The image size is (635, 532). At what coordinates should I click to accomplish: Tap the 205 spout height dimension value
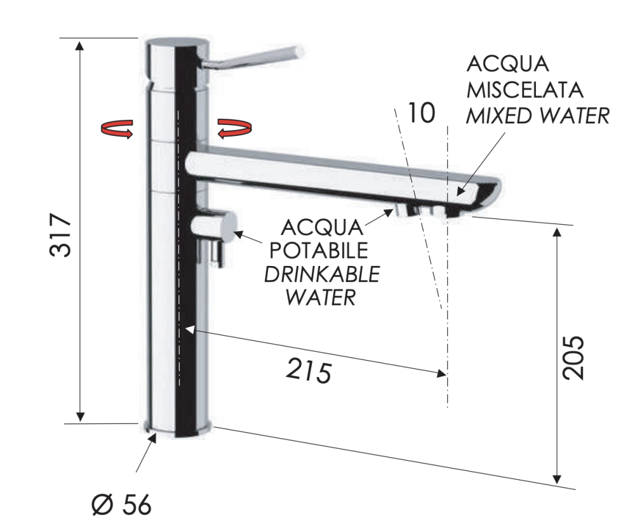pos(574,358)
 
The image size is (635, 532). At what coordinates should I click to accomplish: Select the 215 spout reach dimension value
pos(309,371)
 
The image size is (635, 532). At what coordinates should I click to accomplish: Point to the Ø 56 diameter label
pos(121,505)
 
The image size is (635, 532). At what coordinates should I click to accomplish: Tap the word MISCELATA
pos(525,90)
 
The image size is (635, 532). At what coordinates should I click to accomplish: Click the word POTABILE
pos(319,250)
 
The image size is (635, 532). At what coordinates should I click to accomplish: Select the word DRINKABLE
pos(322,274)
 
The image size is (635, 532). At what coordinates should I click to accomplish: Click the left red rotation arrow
pos(117,129)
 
